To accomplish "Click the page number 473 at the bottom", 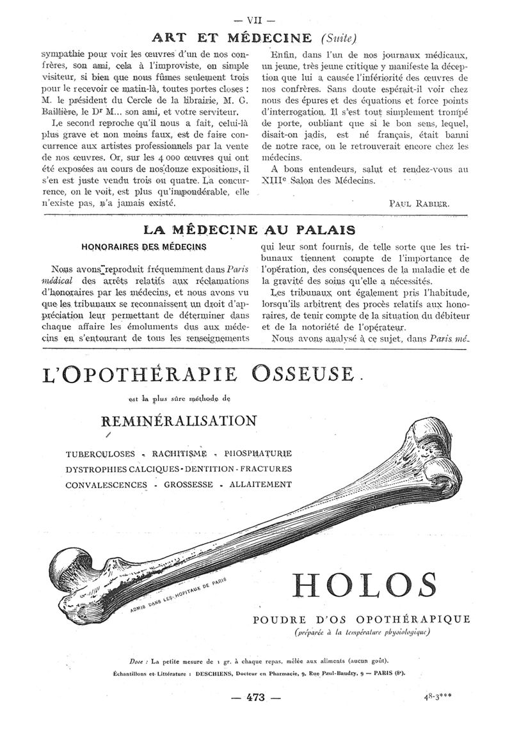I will [255, 697].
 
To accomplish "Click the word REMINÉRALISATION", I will [179, 420].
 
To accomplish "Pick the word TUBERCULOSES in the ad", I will [100, 454].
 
